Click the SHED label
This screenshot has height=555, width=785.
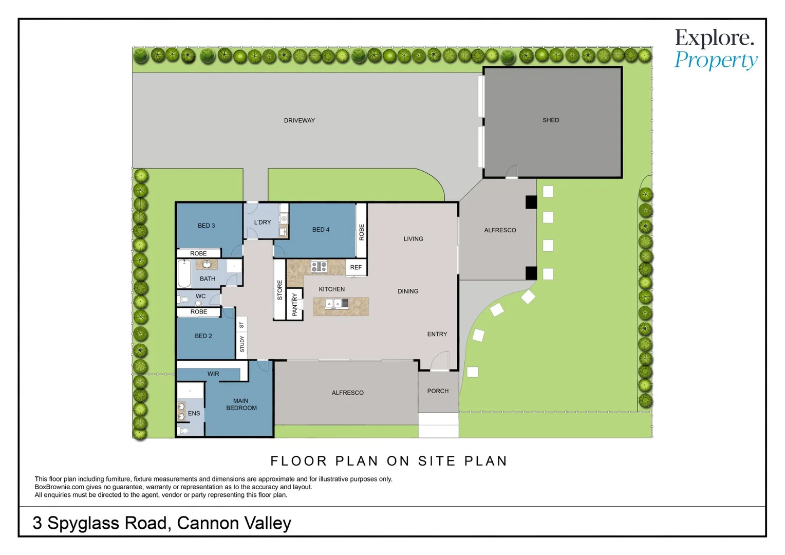551,120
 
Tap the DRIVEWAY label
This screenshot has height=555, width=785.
299,121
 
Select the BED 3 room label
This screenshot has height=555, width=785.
206,226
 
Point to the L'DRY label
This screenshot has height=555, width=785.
262,223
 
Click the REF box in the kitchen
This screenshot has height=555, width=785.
356,267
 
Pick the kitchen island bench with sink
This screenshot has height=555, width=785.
341,306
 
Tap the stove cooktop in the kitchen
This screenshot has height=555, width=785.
319,267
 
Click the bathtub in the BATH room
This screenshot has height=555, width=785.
184,274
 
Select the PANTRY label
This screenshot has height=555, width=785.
294,304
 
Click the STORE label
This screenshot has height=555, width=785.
280,290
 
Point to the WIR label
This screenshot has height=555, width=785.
213,374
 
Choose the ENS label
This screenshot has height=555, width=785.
194,413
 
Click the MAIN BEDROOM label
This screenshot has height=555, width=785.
241,404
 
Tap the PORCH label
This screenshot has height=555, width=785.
438,391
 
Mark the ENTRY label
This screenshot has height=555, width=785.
437,334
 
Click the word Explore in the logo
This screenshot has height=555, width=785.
714,39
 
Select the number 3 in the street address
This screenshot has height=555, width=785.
37,523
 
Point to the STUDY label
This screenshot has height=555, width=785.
242,344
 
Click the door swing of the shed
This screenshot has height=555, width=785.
512,171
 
